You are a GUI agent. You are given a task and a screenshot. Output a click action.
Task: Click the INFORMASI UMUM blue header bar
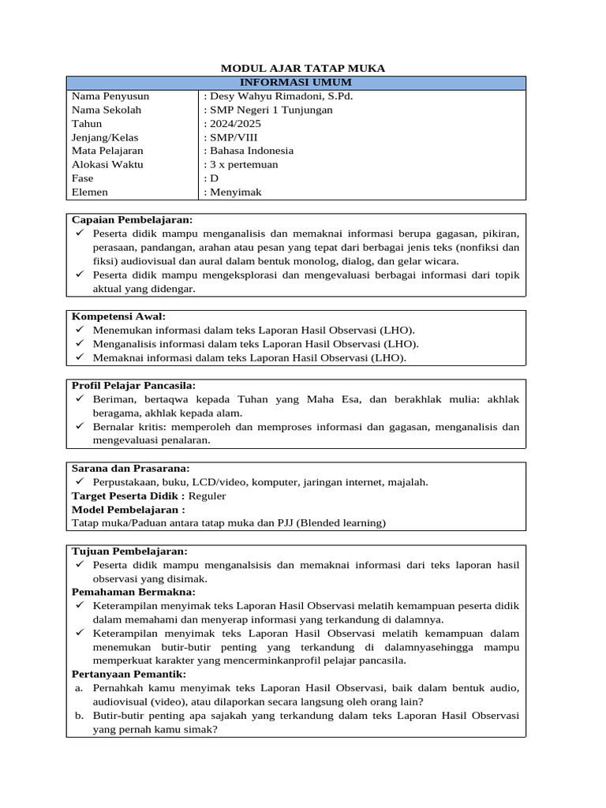tap(296, 83)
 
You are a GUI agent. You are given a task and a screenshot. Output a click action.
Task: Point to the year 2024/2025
tap(234, 124)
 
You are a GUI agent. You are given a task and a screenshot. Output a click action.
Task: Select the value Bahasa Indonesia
tap(251, 151)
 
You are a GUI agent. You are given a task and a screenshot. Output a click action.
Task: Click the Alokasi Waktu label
tap(107, 164)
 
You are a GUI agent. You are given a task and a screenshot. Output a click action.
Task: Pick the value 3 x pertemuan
tap(243, 164)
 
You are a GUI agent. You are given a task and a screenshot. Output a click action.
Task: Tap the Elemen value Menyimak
tap(235, 192)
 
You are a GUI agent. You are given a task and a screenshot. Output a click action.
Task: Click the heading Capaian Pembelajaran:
tap(132, 220)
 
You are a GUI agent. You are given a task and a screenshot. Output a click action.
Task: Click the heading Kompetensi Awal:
tap(118, 316)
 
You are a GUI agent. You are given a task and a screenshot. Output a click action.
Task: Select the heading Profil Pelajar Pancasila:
tap(133, 386)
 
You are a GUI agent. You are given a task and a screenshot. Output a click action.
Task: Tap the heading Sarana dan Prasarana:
tap(130, 468)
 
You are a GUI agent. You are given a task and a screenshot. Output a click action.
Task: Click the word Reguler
tap(208, 496)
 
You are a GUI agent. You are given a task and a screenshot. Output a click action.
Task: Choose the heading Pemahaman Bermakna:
tap(133, 592)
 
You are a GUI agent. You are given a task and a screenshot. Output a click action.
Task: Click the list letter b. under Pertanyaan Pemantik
tap(79, 716)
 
